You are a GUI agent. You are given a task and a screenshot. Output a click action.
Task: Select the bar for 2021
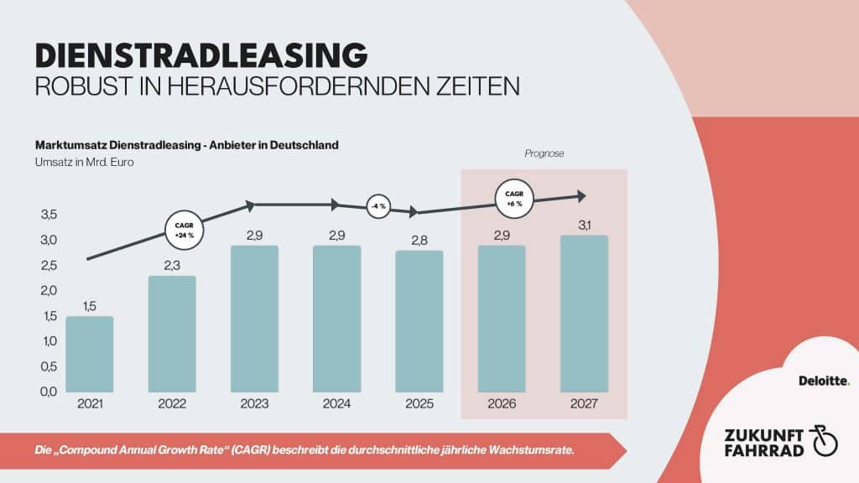[x=90, y=354]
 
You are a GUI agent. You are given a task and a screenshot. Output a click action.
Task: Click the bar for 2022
[x=172, y=334]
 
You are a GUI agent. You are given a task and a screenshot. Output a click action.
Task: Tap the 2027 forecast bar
[x=584, y=314]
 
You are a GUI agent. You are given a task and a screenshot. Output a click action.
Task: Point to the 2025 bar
[x=419, y=321]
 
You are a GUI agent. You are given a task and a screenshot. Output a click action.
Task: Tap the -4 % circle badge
[x=378, y=206]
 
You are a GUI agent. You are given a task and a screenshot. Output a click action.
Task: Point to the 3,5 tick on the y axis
[x=49, y=215]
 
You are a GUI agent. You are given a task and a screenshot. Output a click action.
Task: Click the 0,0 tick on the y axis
[x=49, y=392]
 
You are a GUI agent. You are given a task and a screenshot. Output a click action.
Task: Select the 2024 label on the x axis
[x=337, y=404]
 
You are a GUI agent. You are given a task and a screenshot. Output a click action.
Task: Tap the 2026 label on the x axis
[x=502, y=404]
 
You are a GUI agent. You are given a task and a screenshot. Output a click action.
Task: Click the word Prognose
[x=543, y=153]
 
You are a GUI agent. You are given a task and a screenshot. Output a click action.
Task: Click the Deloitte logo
[x=824, y=381]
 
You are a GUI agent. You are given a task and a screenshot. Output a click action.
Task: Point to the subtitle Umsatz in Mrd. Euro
[x=85, y=163]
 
